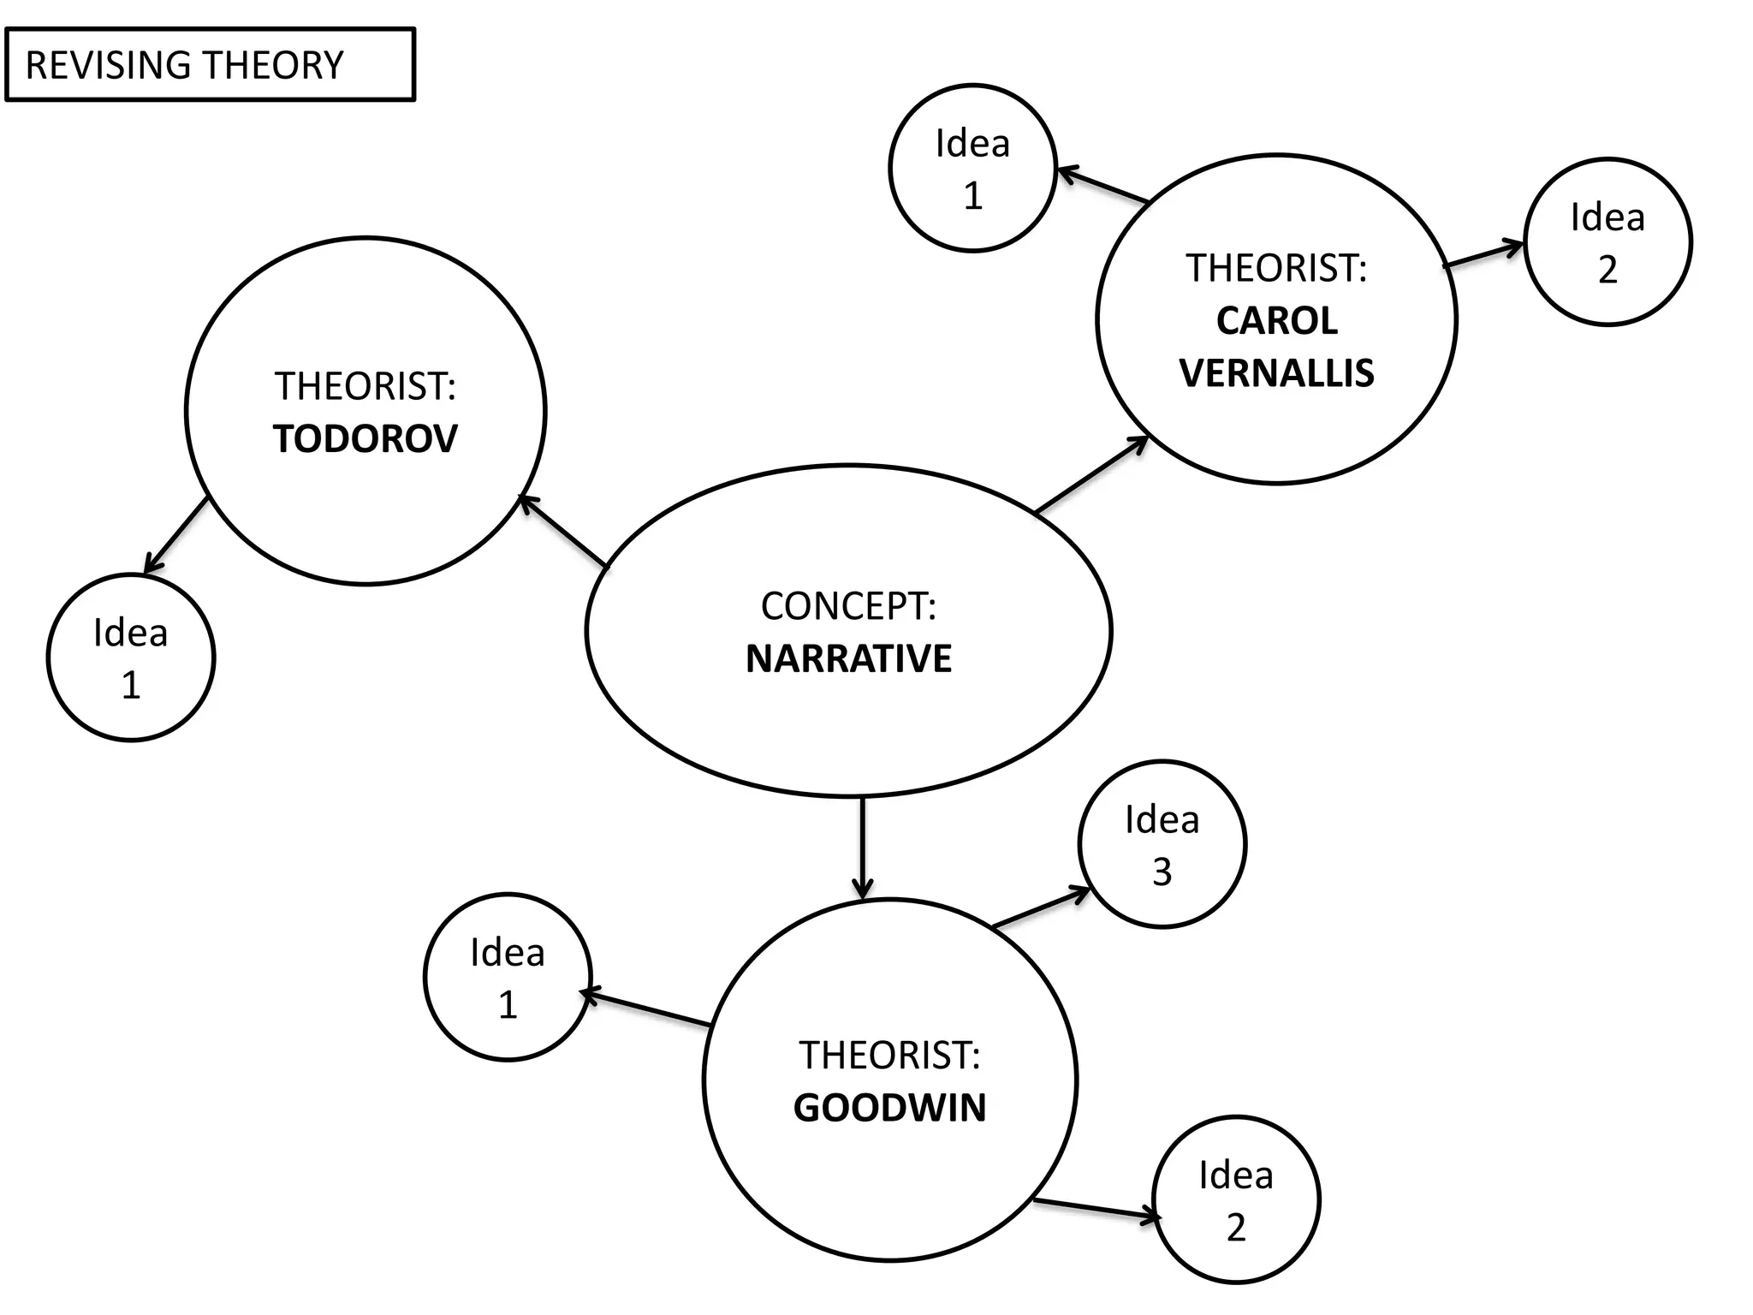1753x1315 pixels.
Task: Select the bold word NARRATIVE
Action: [848, 659]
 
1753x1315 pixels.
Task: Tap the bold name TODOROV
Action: [365, 439]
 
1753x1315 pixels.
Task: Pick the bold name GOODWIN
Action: [889, 1108]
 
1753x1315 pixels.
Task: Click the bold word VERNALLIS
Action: [1276, 373]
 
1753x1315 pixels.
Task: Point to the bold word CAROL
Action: [1276, 321]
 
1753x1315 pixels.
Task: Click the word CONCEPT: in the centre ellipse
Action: [848, 606]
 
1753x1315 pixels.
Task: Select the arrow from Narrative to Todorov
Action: [564, 531]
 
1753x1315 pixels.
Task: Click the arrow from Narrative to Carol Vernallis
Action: [1091, 475]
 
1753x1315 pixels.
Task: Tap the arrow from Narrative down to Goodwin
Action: [863, 848]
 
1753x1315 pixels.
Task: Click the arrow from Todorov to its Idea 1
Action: [176, 535]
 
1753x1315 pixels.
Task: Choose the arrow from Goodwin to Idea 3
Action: [1041, 909]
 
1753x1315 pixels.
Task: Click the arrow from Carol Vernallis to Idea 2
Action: [1483, 255]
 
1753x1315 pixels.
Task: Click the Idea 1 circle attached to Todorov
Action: [131, 657]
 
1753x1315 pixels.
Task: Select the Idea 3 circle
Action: [1162, 844]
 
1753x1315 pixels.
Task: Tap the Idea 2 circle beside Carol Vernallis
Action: [1607, 242]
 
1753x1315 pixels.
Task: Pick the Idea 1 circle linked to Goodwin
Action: [508, 978]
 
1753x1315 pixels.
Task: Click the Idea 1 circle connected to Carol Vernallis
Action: [972, 169]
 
